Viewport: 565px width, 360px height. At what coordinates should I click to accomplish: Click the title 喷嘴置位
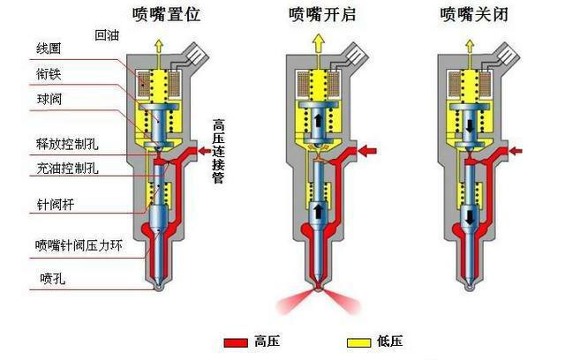pyautogui.click(x=166, y=15)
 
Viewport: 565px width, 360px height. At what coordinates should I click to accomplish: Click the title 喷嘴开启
pyautogui.click(x=322, y=15)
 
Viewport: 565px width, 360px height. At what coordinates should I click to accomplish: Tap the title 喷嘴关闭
pyautogui.click(x=474, y=15)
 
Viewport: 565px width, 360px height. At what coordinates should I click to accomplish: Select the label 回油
pyautogui.click(x=107, y=35)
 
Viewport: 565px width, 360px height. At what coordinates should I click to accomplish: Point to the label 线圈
pyautogui.click(x=49, y=49)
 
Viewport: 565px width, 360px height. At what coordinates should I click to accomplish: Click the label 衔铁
pyautogui.click(x=49, y=74)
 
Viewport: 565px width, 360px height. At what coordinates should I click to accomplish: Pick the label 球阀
pyautogui.click(x=49, y=100)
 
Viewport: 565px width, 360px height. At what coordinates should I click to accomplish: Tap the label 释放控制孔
pyautogui.click(x=67, y=144)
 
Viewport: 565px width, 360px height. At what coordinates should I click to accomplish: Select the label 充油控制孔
pyautogui.click(x=67, y=169)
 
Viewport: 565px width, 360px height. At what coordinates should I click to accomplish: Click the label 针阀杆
pyautogui.click(x=55, y=205)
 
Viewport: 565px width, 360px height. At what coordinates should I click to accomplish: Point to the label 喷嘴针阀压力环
pyautogui.click(x=79, y=245)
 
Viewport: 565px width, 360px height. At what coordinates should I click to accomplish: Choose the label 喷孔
pyautogui.click(x=53, y=278)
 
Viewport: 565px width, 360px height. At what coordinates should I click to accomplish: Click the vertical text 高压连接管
pyautogui.click(x=218, y=151)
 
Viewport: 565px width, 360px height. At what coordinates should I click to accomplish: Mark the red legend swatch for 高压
pyautogui.click(x=236, y=342)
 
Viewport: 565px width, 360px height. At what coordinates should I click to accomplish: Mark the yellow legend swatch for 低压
pyautogui.click(x=358, y=342)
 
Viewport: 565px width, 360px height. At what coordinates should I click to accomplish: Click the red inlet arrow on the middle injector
pyautogui.click(x=367, y=151)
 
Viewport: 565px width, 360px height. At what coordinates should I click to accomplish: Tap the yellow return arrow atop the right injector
pyautogui.click(x=469, y=49)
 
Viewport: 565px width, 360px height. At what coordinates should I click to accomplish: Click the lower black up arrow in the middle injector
pyautogui.click(x=318, y=212)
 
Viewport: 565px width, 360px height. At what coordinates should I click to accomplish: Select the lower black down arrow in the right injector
pyautogui.click(x=470, y=217)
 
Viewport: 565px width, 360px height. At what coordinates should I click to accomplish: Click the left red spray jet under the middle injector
pyautogui.click(x=295, y=302)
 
